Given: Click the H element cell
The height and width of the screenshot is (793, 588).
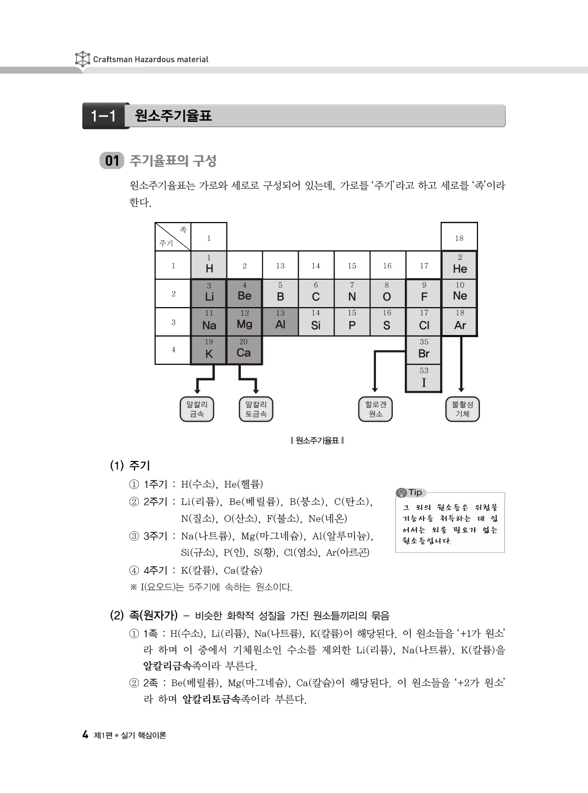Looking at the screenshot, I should coord(209,265).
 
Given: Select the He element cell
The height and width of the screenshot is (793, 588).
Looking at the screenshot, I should coord(460,265).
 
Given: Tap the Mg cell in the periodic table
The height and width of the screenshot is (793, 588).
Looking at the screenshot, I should coord(244,322).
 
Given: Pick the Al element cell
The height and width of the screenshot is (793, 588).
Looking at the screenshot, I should coord(280,322).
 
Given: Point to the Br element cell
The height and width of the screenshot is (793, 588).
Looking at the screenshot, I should coord(424,350).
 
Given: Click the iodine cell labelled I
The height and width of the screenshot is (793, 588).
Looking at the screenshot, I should coord(424,378).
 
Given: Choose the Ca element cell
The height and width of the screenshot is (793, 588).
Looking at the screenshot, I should coord(243,350).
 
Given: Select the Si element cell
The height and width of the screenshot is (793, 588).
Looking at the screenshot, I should coord(316,322).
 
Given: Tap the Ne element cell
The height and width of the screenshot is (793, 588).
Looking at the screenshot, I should coord(460,293).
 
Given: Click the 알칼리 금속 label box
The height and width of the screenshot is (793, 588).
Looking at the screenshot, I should coord(197,409).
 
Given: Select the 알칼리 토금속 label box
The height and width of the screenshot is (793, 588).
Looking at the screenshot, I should coord(256,409).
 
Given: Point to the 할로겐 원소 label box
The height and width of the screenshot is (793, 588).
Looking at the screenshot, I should coord(375,409).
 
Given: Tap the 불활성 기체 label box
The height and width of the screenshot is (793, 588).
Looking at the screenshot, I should coord(462,409).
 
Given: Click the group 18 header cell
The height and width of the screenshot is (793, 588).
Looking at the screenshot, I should coord(459,237).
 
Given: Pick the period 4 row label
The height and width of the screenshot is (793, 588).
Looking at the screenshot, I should coord(173,350).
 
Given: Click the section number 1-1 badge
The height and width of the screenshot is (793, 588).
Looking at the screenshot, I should coord(104,116).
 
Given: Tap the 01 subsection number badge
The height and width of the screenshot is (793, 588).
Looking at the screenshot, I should coord(112,161).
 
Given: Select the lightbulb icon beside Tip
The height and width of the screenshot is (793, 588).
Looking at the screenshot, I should coord(401,493).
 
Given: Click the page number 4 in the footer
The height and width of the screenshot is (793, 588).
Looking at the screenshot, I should coord(85,735).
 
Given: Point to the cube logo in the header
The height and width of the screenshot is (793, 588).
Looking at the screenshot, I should coord(82,59).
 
